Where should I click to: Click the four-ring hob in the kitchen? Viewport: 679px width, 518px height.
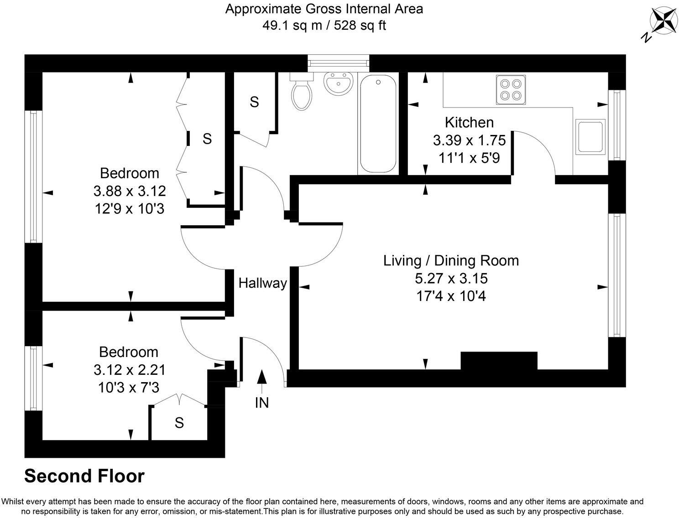coord(510,89)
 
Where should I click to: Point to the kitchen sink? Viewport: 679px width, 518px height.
coord(590,136)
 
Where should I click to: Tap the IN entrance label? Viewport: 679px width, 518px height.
coord(262,403)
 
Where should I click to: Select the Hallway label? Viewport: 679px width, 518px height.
coord(262,283)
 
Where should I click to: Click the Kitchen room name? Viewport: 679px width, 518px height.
coord(469,122)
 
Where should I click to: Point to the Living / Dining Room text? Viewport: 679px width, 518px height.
coord(451,260)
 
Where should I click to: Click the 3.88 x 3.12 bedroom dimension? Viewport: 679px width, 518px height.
coord(129,191)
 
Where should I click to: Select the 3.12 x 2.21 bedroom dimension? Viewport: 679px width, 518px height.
coord(129,369)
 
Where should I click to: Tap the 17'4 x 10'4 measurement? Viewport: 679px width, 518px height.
coord(451,296)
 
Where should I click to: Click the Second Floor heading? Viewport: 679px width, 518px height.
coord(84,476)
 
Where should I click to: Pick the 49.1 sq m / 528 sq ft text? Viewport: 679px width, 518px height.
coord(324,26)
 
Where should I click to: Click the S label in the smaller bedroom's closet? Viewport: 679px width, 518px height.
coord(179,423)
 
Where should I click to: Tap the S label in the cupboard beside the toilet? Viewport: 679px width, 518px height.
coord(254,102)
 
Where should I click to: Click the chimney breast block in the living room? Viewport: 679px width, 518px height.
coord(499,360)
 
